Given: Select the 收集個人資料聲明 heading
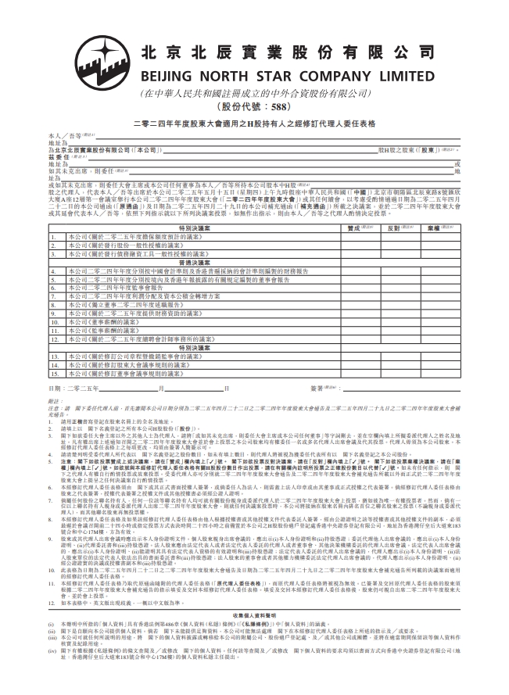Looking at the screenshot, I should (254, 614).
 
